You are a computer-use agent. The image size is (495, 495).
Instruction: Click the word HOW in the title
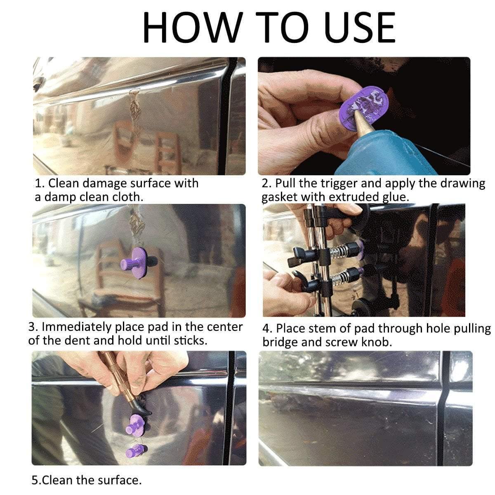[x=193, y=27]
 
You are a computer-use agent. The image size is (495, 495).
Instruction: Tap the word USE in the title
[x=360, y=27]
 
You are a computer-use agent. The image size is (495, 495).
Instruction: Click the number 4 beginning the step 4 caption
[x=266, y=329]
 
